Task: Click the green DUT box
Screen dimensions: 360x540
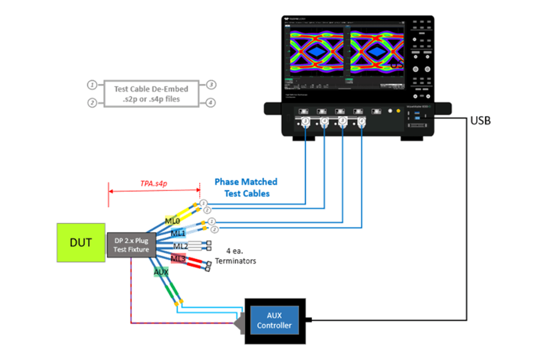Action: click(80, 242)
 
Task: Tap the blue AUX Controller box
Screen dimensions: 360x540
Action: click(274, 320)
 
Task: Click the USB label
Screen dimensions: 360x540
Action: click(480, 121)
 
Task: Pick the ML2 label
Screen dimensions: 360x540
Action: click(180, 246)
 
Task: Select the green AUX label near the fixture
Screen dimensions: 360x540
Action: click(161, 272)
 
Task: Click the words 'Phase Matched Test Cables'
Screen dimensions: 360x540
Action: click(246, 188)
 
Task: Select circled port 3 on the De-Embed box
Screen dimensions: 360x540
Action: click(210, 85)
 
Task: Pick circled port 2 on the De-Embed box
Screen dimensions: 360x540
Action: click(92, 103)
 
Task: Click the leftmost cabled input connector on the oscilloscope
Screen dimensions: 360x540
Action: click(305, 122)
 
